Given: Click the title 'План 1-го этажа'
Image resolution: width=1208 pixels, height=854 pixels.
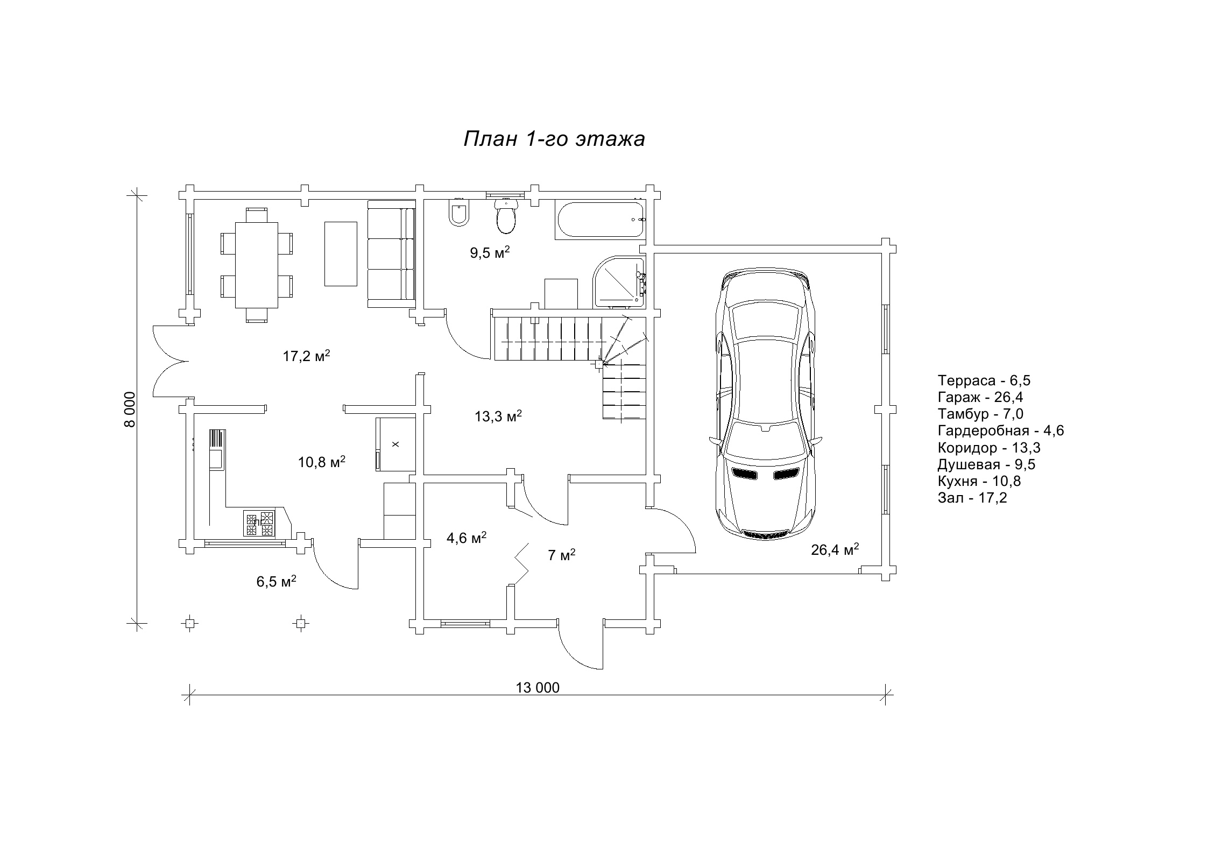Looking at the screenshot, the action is click(x=554, y=139).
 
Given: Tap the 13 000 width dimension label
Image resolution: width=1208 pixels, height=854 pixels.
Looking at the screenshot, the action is click(x=538, y=688).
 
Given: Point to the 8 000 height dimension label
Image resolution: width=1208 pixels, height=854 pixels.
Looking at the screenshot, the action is click(x=130, y=410).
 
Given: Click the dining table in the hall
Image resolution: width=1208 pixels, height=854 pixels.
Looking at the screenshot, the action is click(x=257, y=265).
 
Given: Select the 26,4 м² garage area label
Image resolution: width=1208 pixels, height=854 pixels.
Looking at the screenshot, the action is click(x=835, y=549).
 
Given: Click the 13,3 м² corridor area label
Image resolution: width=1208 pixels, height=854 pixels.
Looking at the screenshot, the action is click(x=498, y=416).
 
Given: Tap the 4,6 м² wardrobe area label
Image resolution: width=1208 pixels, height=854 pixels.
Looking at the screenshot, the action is click(x=467, y=538).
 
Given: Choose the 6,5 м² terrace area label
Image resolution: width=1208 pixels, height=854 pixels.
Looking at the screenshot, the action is click(x=276, y=582).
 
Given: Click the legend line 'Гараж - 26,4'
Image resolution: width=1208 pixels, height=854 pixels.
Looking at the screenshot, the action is click(x=980, y=398).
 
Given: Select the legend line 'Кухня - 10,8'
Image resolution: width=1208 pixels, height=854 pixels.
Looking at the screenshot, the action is click(x=979, y=481).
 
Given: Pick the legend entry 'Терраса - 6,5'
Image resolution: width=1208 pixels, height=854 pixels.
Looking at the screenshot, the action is click(x=984, y=380).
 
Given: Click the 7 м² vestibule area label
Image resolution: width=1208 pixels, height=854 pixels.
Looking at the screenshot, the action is click(x=562, y=555).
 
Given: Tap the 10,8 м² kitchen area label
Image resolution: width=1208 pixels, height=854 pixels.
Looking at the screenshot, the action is click(x=322, y=462).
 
